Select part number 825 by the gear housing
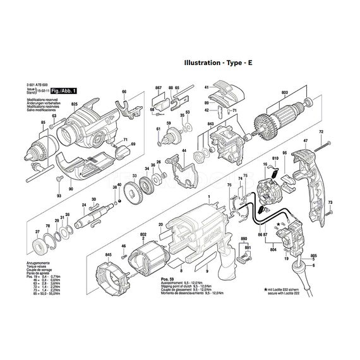point(75,103)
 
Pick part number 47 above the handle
point(305,140)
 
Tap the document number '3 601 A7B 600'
point(40,87)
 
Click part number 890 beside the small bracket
point(244,239)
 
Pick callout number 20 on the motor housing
point(162,224)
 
